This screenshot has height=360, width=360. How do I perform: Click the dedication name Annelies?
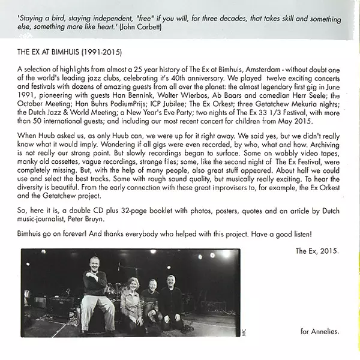tap(329, 331)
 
